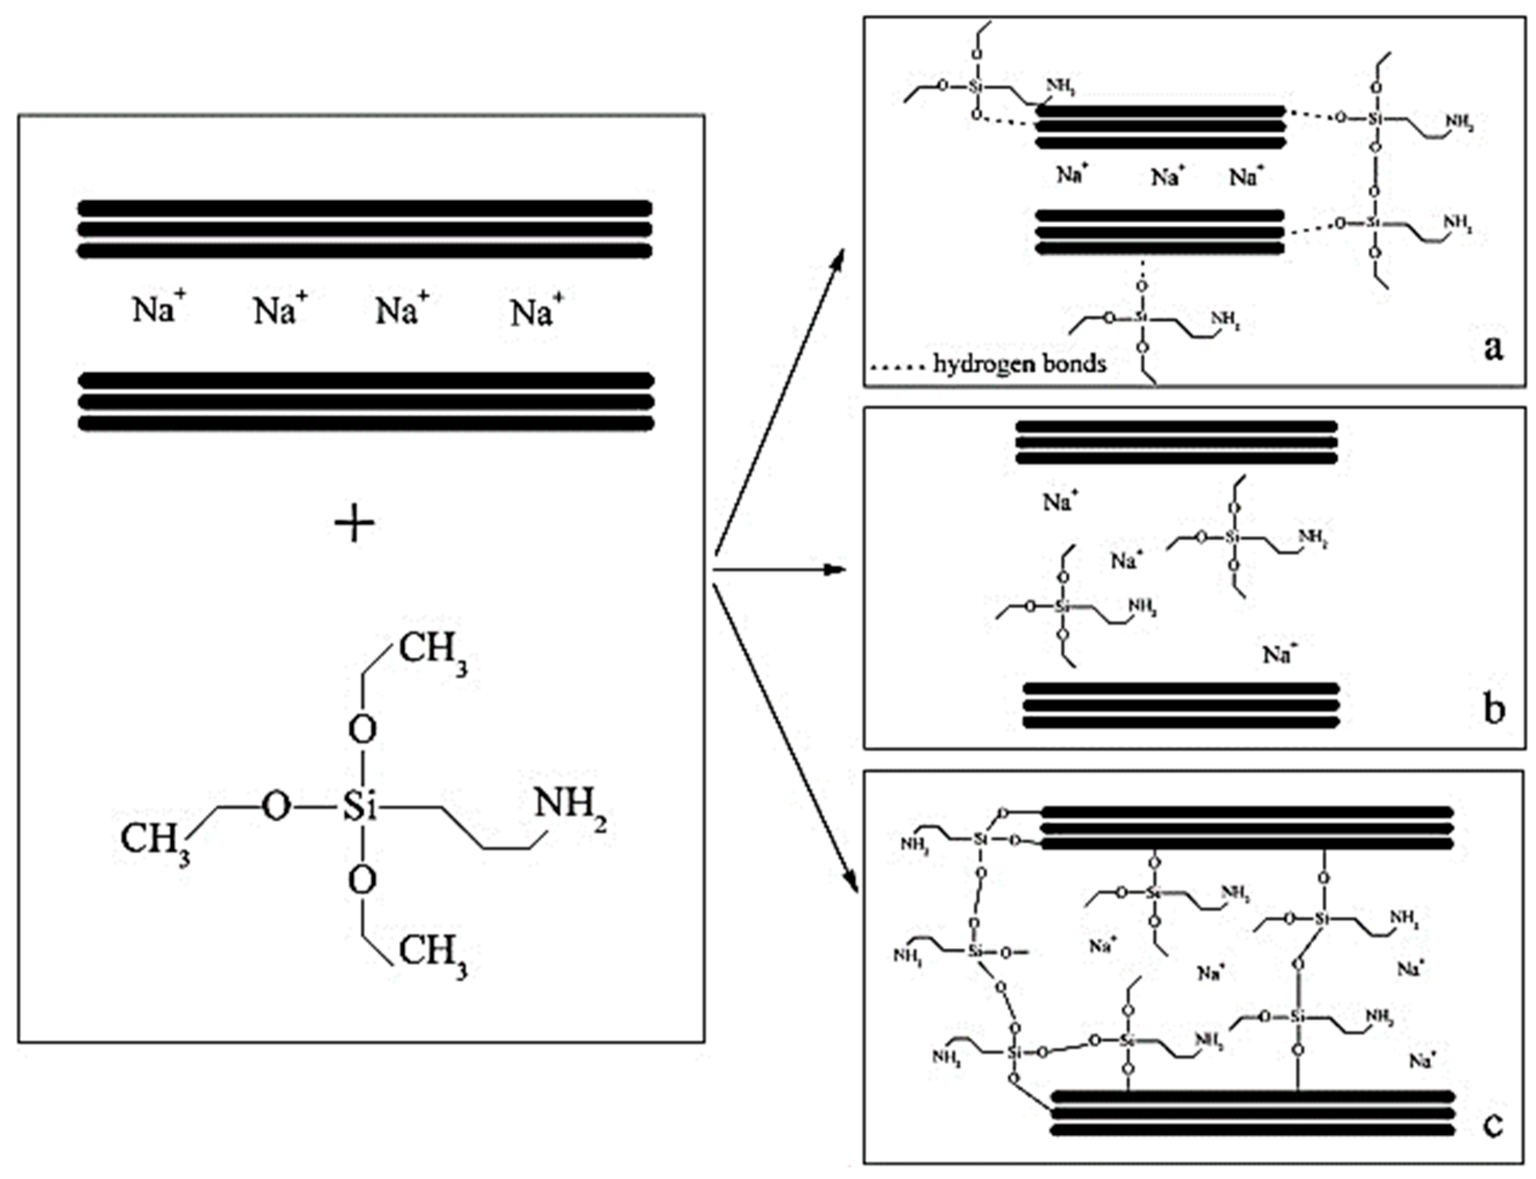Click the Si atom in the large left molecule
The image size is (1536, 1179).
(359, 809)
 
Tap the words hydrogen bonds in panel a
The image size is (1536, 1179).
(1020, 364)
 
